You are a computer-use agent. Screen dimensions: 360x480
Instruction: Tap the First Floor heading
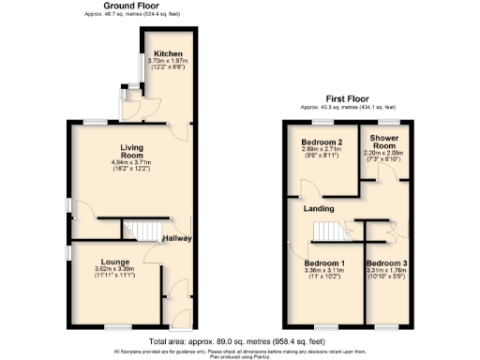pyautogui.click(x=348, y=98)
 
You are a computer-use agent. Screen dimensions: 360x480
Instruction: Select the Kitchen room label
pyautogui.click(x=170, y=54)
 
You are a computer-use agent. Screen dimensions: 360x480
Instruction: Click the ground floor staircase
pyautogui.click(x=148, y=231)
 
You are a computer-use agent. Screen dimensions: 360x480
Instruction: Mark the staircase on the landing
pyautogui.click(x=327, y=231)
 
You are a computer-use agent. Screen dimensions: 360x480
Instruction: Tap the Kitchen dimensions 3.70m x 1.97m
pyautogui.click(x=170, y=63)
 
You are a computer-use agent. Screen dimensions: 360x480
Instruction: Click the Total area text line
pyautogui.click(x=240, y=342)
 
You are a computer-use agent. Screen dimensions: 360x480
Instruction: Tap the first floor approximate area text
pyautogui.click(x=348, y=107)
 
